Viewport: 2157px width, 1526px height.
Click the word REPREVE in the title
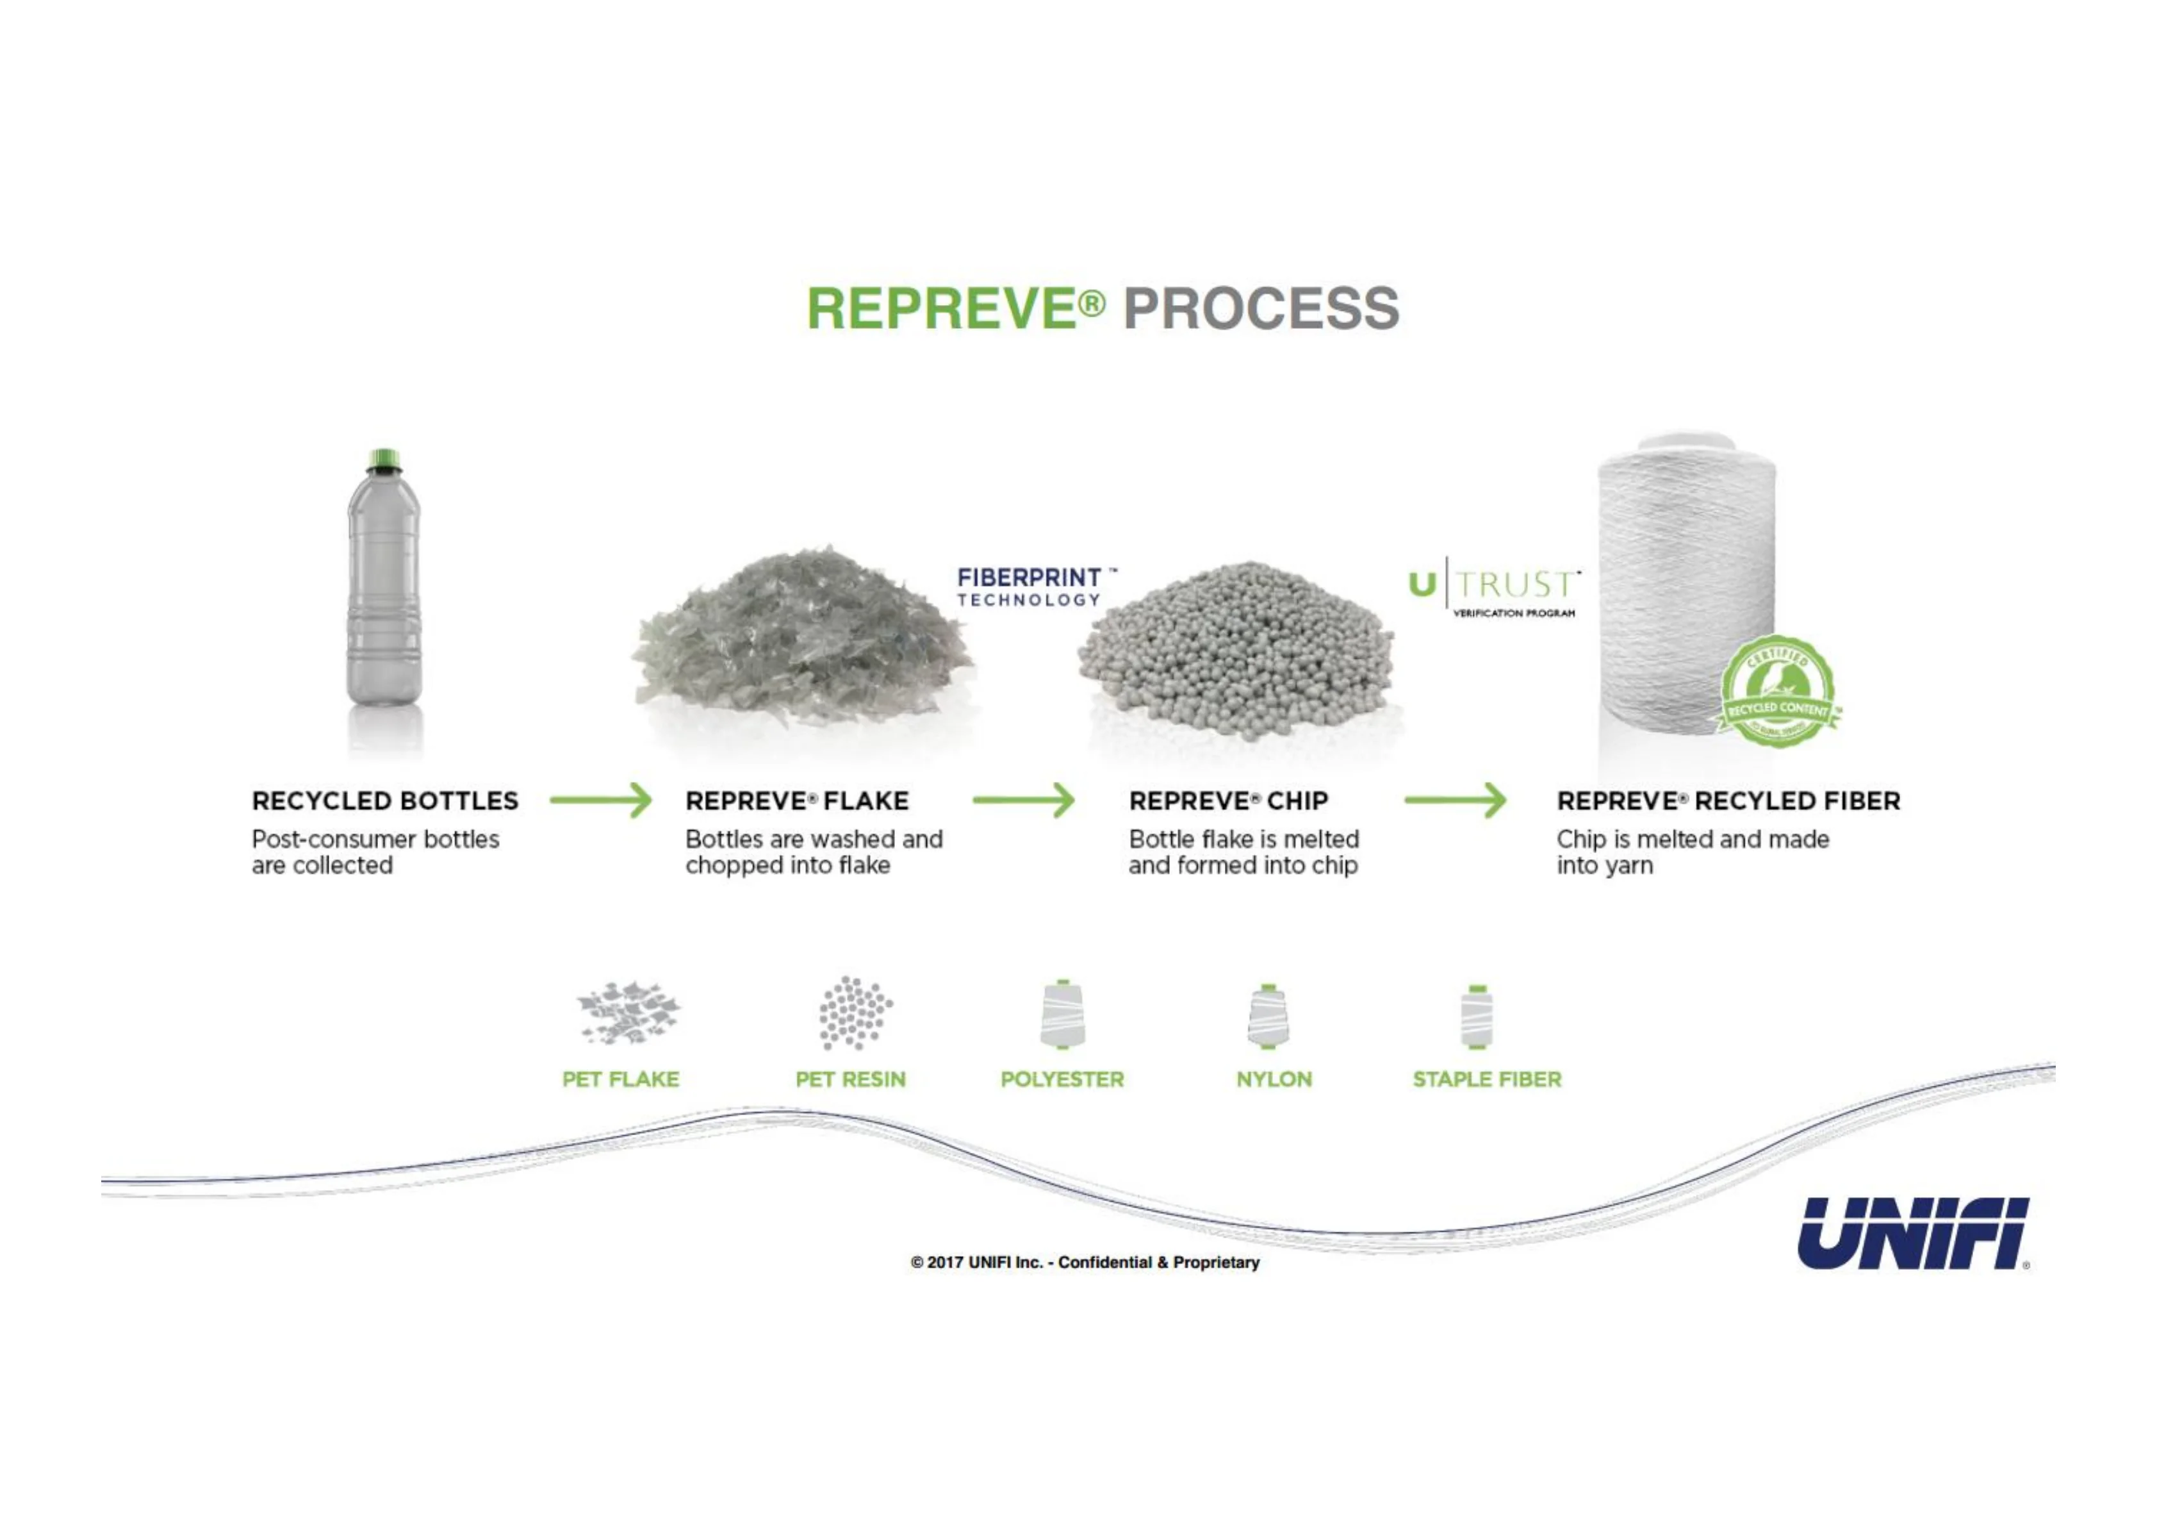[942, 308]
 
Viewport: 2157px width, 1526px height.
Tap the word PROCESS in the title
[1261, 308]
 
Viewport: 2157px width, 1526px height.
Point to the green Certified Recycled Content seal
[1778, 693]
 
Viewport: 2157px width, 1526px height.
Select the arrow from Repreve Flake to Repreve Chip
[1023, 800]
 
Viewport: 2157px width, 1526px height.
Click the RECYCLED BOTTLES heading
[385, 800]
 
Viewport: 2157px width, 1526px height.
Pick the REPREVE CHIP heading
[1228, 800]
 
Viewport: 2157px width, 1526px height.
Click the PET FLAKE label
[620, 1079]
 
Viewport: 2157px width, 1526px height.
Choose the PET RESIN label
[850, 1079]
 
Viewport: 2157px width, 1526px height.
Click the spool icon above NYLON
[1268, 1016]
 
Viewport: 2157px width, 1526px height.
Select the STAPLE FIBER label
[1487, 1079]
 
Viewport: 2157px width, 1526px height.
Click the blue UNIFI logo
[1913, 1233]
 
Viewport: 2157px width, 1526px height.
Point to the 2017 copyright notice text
[1085, 1262]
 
